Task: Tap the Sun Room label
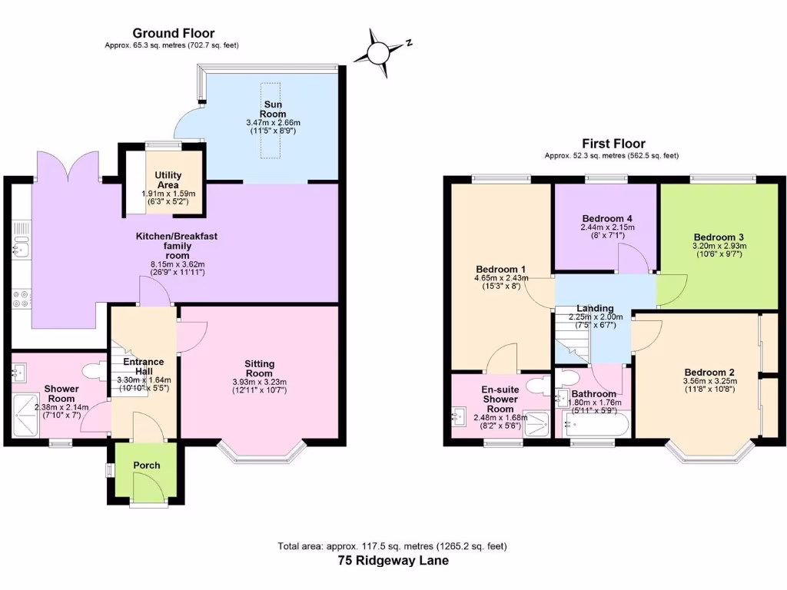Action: coord(272,108)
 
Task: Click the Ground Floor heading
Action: coord(174,33)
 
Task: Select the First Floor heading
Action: coord(613,144)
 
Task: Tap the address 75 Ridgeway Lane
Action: coord(393,561)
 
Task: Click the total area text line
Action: coord(393,546)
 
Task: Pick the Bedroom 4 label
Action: coord(607,217)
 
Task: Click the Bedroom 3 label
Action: coord(719,237)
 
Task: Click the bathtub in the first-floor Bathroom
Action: coord(593,425)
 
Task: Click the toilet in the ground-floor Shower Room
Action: coord(94,373)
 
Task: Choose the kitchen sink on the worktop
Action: coord(21,247)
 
